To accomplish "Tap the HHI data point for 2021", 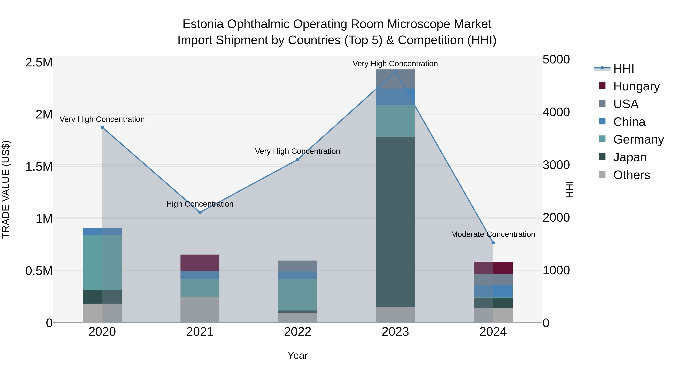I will click(200, 212).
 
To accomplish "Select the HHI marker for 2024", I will click(493, 243).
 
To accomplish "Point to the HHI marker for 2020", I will click(102, 127).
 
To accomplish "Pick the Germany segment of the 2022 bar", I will click(297, 295).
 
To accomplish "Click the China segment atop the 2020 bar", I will click(102, 232).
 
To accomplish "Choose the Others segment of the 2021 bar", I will click(200, 310).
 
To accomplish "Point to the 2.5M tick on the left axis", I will click(39, 63).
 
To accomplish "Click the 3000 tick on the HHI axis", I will click(556, 165).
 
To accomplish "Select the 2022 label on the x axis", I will click(297, 332).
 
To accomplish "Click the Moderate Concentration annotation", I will click(493, 234).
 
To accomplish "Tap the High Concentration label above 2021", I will click(200, 204).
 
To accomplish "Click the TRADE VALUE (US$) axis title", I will click(6, 189).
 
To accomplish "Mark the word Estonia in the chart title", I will click(203, 24).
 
